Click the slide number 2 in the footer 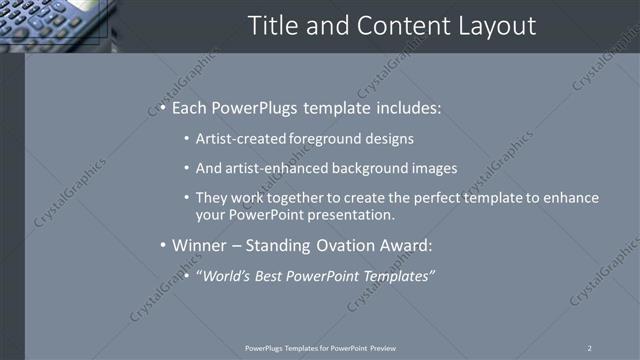click(x=589, y=348)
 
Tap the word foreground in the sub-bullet click(x=326, y=139)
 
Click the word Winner click(x=199, y=245)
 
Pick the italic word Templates click(x=397, y=275)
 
